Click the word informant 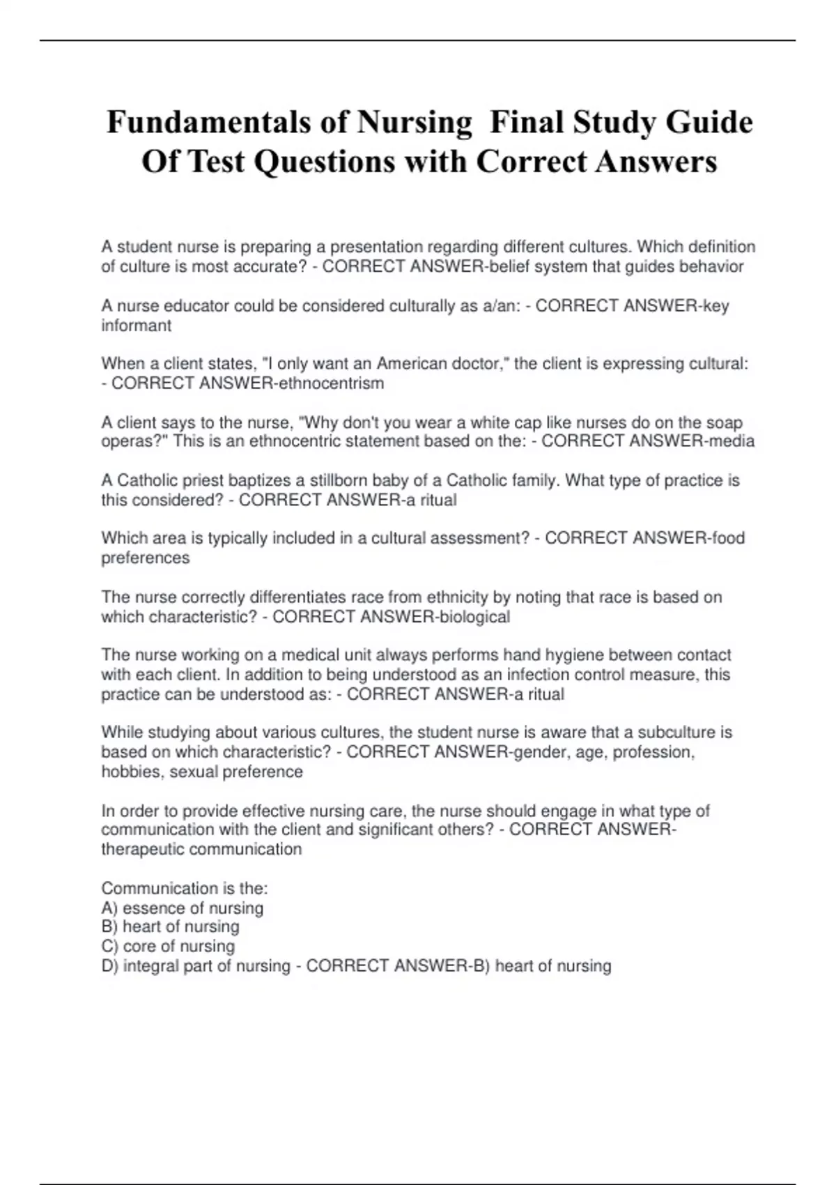[136, 326]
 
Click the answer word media [730, 441]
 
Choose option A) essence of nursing [183, 908]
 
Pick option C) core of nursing [168, 947]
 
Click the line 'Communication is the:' [185, 889]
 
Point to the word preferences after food [145, 558]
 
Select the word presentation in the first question [376, 247]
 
